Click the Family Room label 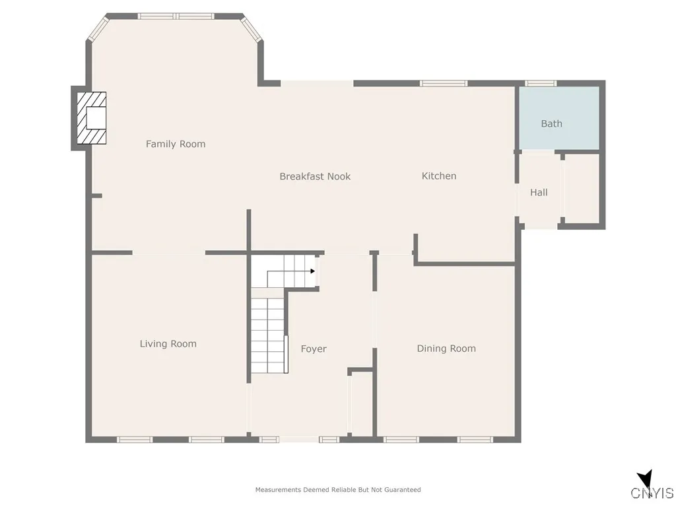point(176,144)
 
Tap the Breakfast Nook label point(315,176)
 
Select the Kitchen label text point(439,176)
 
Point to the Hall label point(539,193)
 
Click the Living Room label point(168,343)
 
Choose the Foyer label point(314,349)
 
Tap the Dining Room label point(446,348)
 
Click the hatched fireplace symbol point(91,118)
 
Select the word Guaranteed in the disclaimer point(403,490)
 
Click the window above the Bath point(541,83)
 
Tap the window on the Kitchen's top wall point(444,83)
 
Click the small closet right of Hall point(582,189)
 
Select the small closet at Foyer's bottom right point(361,404)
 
